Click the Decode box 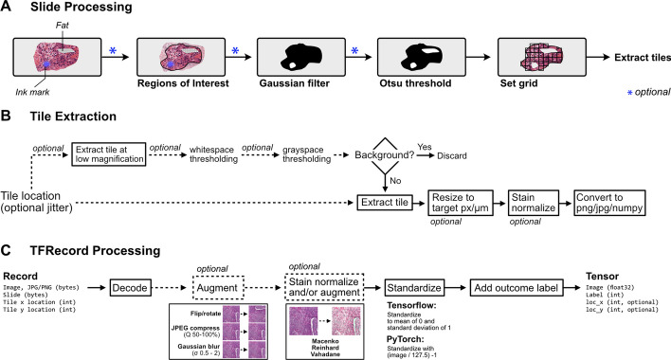pos(130,288)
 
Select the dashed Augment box pos(217,288)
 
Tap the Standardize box pos(414,288)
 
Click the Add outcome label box pos(517,288)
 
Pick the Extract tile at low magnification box pos(109,154)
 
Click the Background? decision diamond pos(385,155)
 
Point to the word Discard pos(452,156)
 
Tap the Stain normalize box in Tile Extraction pos(534,203)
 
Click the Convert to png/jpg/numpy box pos(609,203)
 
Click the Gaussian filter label pos(295,83)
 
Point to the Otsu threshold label pos(415,83)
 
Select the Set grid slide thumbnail pos(542,57)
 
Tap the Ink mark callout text pos(32,92)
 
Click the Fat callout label pos(62,26)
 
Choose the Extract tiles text pos(643,57)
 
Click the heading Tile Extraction pos(73,117)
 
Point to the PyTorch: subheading pos(406,339)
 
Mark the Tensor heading pos(602,277)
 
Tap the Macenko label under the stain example pos(325,341)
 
